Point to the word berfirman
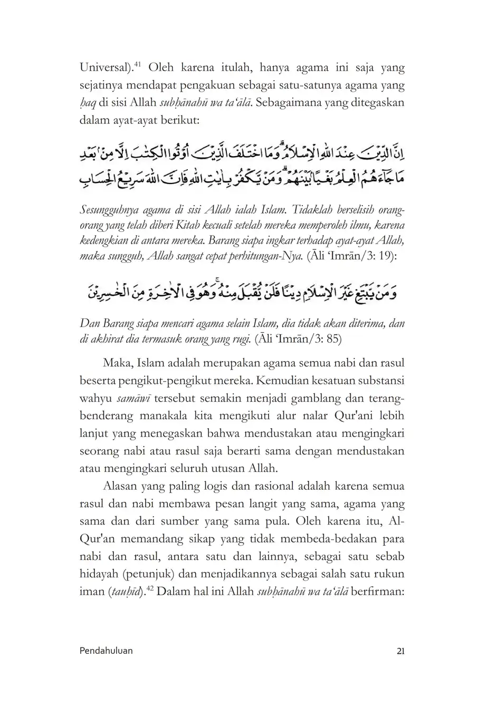377,591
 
